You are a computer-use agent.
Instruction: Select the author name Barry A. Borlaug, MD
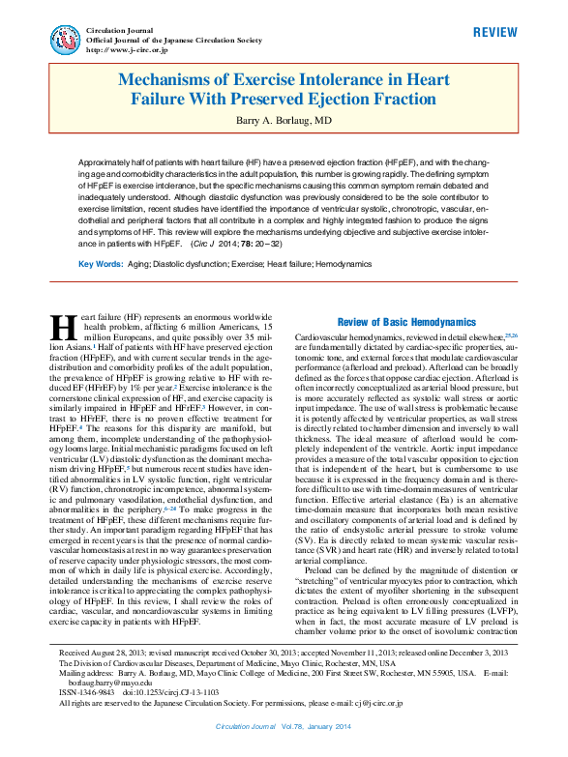point(284,121)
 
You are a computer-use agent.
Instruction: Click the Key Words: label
point(100,263)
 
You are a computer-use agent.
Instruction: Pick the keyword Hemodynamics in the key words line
point(344,263)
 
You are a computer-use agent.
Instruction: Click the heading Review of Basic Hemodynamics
point(406,321)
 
